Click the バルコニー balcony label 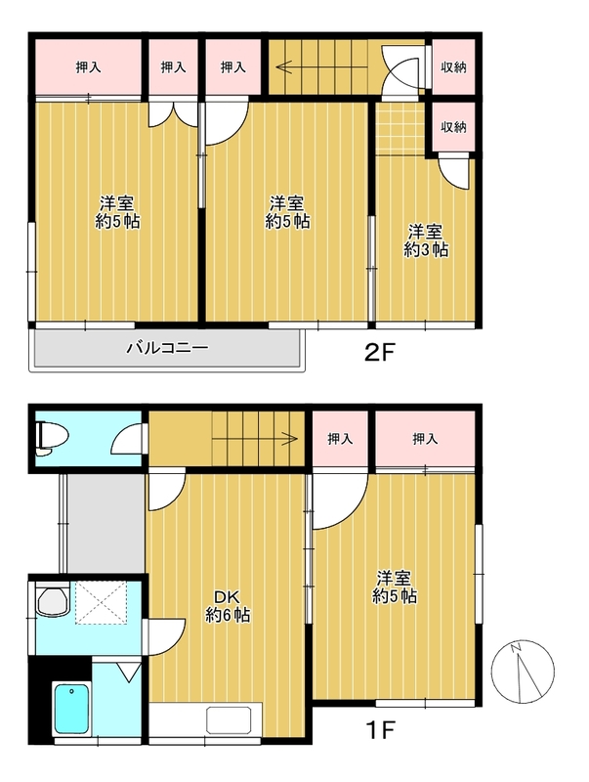click(x=166, y=348)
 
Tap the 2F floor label click(x=380, y=354)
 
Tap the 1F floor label click(x=381, y=730)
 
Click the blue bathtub click(x=71, y=708)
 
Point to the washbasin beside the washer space click(x=53, y=601)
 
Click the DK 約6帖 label click(x=228, y=605)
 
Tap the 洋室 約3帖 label click(x=426, y=240)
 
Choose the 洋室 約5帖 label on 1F click(x=395, y=587)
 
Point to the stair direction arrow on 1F click(x=255, y=439)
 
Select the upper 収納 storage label click(x=453, y=67)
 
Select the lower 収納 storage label click(x=453, y=127)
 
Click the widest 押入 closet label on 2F click(x=88, y=67)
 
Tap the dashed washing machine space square click(x=102, y=603)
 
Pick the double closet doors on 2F click(x=174, y=113)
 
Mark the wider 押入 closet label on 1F click(x=425, y=439)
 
